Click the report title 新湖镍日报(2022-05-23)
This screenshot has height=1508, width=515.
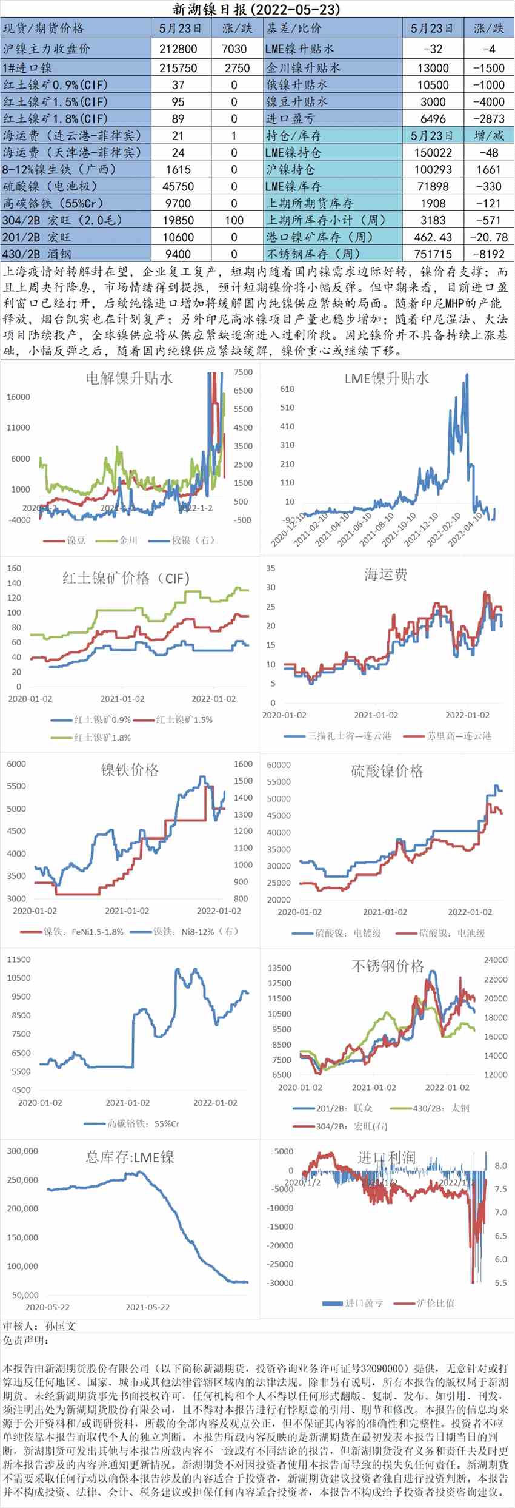pos(257,9)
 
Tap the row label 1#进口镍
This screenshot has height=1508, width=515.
pos(28,68)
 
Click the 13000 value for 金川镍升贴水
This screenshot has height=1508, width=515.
pos(433,68)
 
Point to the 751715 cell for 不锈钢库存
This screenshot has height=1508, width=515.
pos(433,254)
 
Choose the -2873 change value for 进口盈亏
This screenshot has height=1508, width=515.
pos(488,119)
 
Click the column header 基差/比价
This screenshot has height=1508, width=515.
pos(294,29)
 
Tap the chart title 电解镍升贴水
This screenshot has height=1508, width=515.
pos(129,379)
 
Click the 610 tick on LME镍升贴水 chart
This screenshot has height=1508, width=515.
pos(287,389)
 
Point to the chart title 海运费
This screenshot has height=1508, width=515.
pos(386,574)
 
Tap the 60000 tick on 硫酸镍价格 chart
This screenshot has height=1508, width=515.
pos(279,765)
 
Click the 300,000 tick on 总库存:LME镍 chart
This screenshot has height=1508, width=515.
pos(22,1151)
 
